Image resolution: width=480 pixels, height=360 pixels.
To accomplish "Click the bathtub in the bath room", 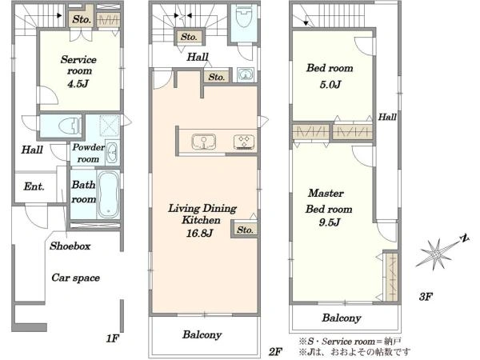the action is click(108, 194).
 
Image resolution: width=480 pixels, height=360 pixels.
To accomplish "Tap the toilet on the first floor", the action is click(69, 126).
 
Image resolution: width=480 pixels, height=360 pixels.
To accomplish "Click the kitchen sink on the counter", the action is click(204, 142).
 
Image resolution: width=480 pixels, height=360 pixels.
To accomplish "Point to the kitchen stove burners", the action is click(244, 142).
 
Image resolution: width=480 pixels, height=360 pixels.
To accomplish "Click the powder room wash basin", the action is click(112, 152).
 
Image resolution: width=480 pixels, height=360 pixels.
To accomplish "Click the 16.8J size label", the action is click(199, 234).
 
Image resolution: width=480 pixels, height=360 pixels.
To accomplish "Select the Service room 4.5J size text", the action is click(78, 83).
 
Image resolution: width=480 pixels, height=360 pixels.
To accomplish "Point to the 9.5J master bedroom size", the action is click(329, 222).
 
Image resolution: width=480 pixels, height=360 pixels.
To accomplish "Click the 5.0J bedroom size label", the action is click(330, 85).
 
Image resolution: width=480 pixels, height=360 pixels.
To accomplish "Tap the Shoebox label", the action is click(70, 246).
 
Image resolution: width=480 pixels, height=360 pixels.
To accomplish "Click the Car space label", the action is click(76, 278).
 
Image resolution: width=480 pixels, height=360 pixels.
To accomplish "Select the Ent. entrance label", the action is click(34, 186).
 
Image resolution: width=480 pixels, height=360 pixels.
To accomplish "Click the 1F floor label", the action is click(112, 338).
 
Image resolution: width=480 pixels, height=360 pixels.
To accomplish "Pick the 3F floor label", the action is click(426, 296).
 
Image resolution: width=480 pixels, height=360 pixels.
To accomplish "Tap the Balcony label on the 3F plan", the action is click(342, 318).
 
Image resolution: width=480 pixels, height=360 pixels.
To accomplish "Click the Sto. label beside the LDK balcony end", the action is click(245, 230).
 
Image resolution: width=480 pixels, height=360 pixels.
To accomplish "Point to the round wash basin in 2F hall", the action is click(246, 74).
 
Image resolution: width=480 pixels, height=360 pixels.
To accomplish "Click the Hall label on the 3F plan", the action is click(387, 117).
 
